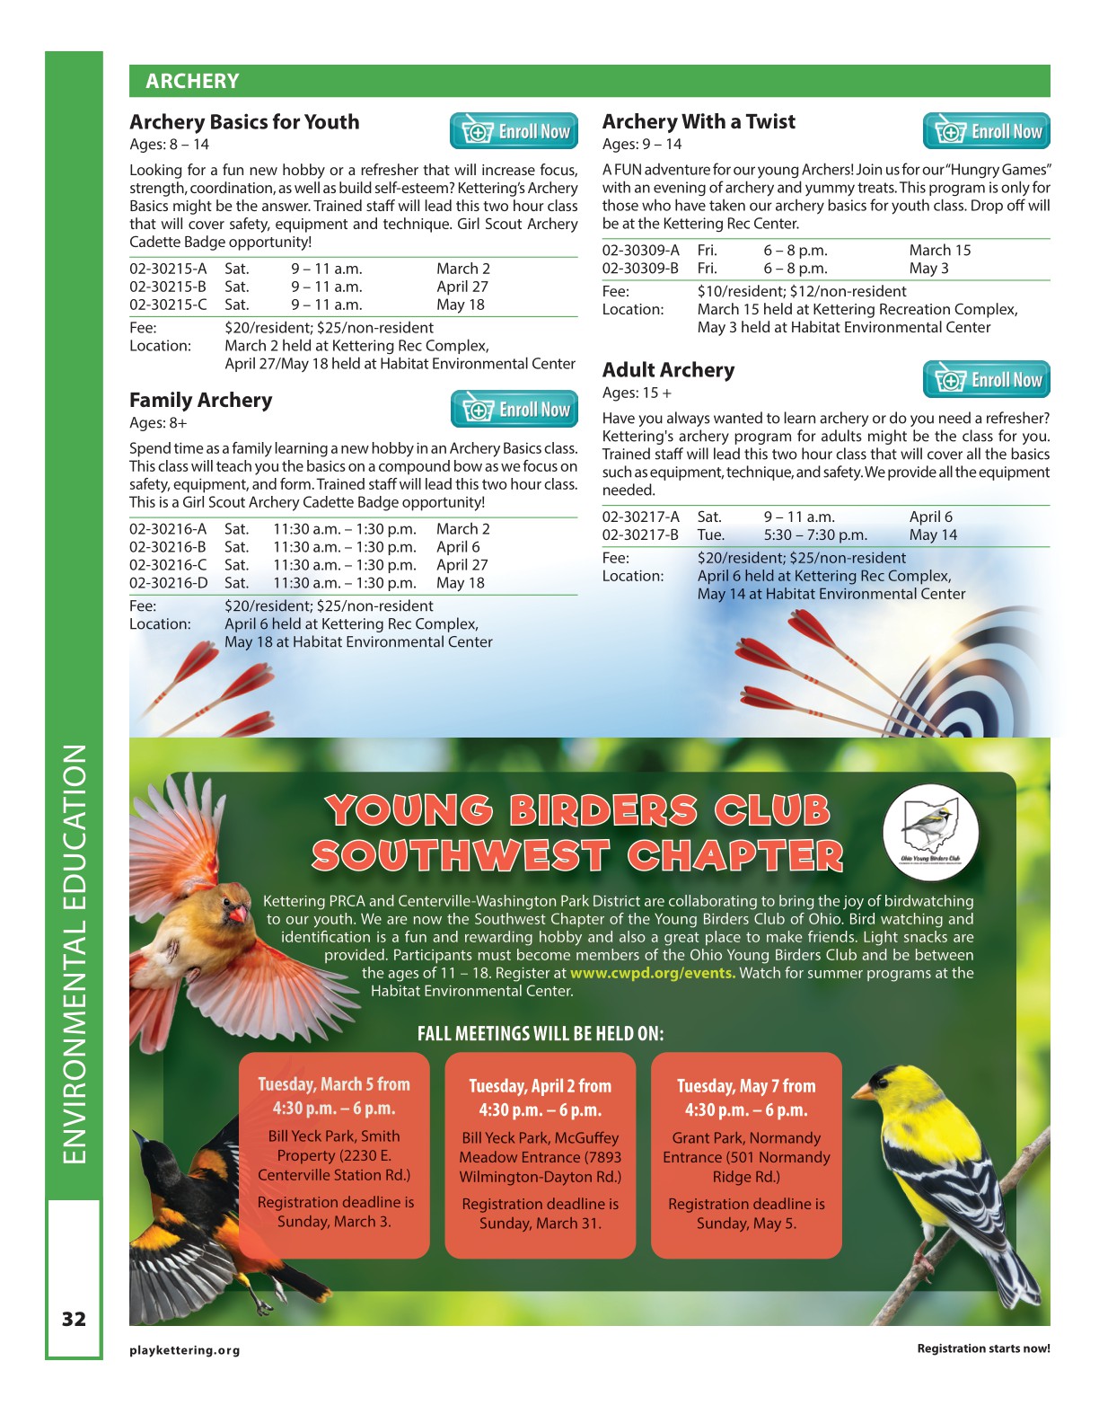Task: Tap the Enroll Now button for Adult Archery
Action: coord(986,380)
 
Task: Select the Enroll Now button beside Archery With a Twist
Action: coord(986,131)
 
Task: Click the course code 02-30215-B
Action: coord(168,287)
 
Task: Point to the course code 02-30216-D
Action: coord(168,583)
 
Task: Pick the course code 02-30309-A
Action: coord(640,251)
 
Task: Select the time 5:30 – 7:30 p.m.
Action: coord(815,535)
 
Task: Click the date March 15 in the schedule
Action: coord(939,251)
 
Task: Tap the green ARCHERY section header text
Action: coord(192,82)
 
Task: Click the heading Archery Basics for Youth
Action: coord(244,122)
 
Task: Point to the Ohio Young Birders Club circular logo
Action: coord(930,827)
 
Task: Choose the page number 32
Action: coord(74,1319)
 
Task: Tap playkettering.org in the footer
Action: coord(185,1350)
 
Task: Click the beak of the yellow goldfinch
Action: coord(862,1092)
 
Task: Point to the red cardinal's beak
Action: coord(239,914)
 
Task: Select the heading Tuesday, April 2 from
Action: coord(540,1086)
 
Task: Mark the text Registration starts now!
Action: coord(983,1348)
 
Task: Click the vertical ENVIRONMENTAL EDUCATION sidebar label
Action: coord(75,952)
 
